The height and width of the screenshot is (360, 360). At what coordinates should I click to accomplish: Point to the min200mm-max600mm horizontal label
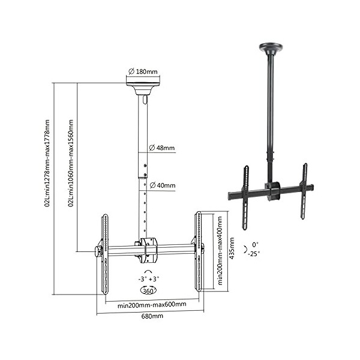(151, 304)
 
